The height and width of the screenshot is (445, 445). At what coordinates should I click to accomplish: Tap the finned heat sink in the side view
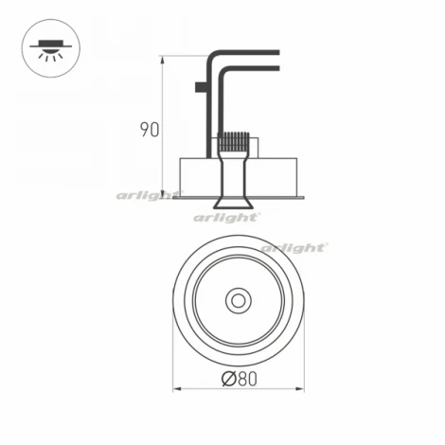click(231, 143)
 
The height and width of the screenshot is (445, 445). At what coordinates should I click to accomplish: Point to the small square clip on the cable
click(200, 88)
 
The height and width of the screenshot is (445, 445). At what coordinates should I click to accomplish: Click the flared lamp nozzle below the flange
click(231, 203)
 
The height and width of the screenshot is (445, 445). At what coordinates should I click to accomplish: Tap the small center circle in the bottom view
click(236, 302)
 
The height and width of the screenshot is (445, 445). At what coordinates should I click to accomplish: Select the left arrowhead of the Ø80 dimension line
click(176, 389)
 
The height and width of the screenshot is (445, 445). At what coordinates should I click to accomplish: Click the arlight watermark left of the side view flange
click(148, 196)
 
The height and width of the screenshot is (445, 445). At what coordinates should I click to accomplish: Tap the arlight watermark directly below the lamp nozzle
click(227, 217)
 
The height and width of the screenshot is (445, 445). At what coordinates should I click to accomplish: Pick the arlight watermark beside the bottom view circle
click(294, 247)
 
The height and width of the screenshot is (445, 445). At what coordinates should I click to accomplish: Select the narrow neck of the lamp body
click(231, 175)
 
